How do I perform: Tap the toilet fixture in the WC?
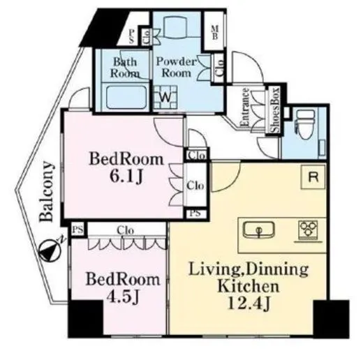point(306,124)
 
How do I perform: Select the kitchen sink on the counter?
point(259,230)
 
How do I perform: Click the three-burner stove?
point(308,229)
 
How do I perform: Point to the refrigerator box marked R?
point(313,177)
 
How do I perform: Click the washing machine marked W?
point(165,97)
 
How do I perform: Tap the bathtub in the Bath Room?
point(126,97)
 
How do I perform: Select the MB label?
point(214,32)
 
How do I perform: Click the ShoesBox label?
point(276,110)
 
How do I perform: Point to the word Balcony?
point(47,191)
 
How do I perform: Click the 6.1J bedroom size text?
point(126,177)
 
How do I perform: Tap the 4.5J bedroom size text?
point(123,297)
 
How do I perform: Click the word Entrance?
point(244,107)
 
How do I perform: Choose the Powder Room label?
point(177,67)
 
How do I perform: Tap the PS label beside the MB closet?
point(131,36)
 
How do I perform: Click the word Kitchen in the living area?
point(248,286)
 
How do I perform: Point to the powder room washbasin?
point(175,27)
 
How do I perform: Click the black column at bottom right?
point(332,319)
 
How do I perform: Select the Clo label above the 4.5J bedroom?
point(126,230)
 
